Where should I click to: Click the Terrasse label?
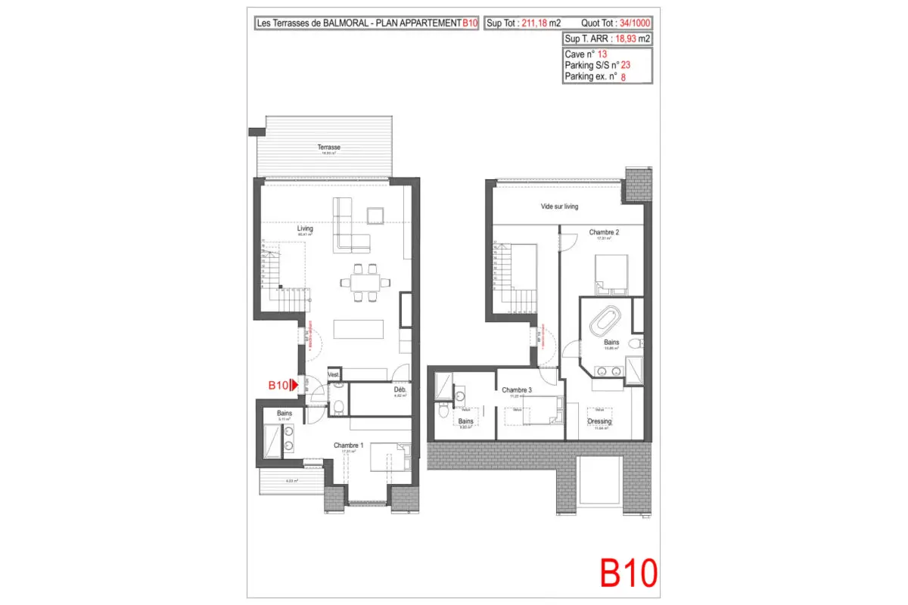pos(328,147)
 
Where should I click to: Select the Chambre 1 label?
pos(349,445)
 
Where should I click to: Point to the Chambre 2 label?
pos(605,232)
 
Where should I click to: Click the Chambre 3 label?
pos(517,390)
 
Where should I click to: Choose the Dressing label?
pos(599,421)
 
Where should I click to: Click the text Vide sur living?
pos(559,206)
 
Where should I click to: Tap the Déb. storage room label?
pos(400,390)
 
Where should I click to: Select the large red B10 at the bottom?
pos(628,573)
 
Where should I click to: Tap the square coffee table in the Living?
pos(376,216)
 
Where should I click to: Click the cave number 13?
pos(602,54)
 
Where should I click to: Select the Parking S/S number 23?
pos(625,66)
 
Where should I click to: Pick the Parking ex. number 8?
pos(623,76)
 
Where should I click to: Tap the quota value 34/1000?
pos(635,23)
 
